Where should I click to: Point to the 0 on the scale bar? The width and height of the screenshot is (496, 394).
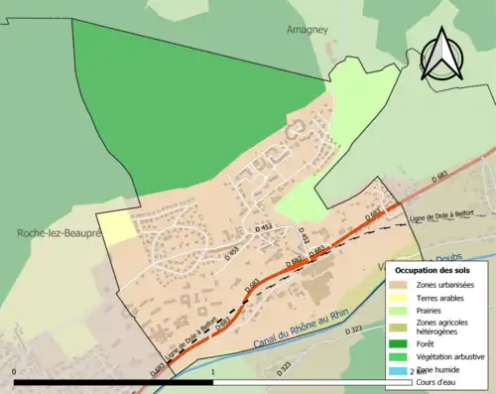pos(14,371)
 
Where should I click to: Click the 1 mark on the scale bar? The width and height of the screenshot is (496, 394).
pos(213,371)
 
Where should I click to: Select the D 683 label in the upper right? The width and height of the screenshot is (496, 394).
pos(441,177)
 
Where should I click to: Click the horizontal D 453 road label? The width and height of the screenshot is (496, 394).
pos(265,227)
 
